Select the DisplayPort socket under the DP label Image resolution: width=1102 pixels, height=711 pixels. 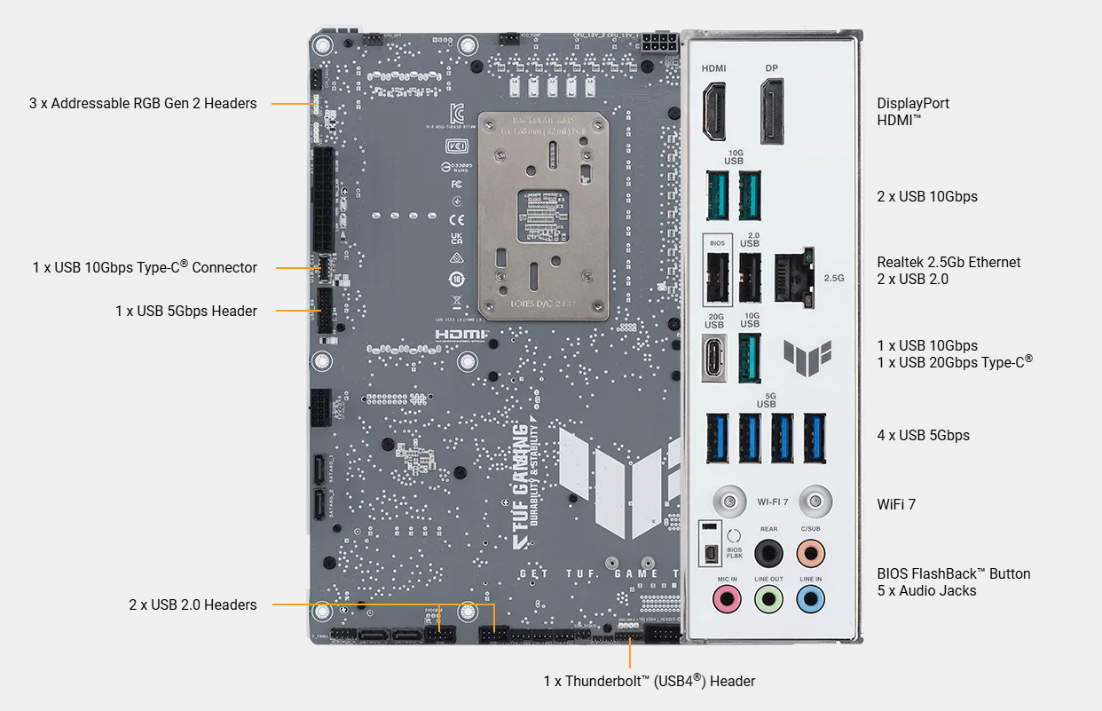click(x=772, y=112)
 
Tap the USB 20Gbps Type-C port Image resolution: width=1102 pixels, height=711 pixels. click(x=715, y=358)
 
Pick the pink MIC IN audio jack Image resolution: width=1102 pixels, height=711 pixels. click(x=727, y=600)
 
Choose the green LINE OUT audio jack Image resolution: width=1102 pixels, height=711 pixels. click(x=768, y=600)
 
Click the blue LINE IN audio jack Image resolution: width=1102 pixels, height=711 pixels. click(x=811, y=600)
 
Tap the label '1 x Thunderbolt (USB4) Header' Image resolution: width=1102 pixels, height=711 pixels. click(x=649, y=682)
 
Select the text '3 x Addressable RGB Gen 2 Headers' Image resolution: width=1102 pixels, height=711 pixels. click(x=143, y=104)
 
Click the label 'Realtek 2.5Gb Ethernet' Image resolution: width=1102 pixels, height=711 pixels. click(x=949, y=263)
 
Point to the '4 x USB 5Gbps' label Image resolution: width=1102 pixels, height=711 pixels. click(x=923, y=436)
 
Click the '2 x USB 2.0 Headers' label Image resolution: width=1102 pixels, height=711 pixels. click(x=193, y=605)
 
